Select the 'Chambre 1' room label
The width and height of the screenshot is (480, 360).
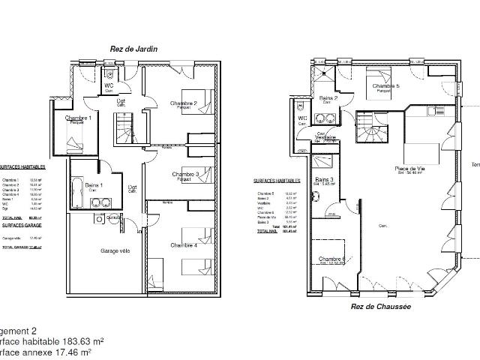pos(78,118)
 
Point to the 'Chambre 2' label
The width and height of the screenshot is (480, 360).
pos(183,103)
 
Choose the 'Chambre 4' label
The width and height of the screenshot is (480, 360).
pos(183,245)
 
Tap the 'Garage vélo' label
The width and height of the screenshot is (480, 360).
pos(115,250)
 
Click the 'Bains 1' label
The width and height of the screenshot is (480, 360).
pos(94,185)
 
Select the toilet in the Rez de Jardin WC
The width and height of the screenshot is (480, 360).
pos(109,73)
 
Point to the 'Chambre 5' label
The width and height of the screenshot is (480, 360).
pos(387,86)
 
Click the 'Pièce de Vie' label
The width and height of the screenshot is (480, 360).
pos(408,169)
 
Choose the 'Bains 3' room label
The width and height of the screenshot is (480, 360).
pos(325,181)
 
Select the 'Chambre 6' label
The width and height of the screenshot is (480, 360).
pos(331,260)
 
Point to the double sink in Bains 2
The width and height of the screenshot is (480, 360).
pos(327,116)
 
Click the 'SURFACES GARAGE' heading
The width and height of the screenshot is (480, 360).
pos(22,224)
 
